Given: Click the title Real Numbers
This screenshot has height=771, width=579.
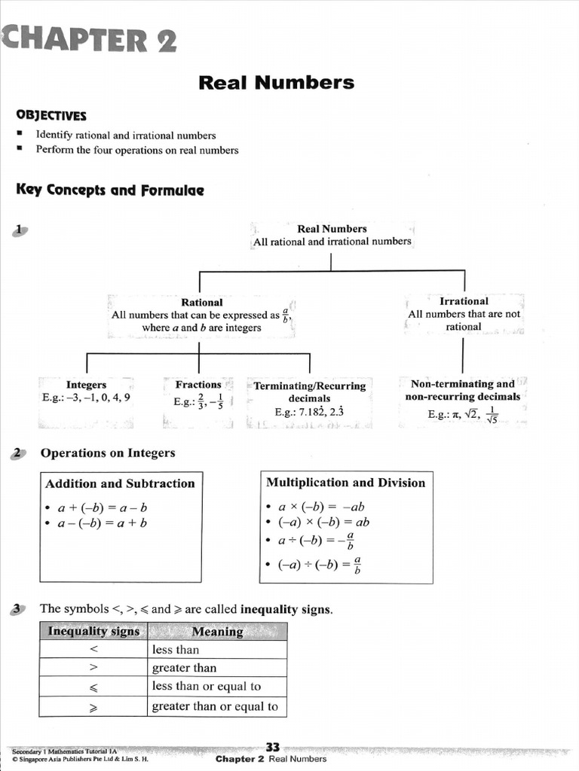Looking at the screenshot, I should (x=276, y=82).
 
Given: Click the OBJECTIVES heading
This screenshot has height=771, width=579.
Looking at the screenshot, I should (x=51, y=115).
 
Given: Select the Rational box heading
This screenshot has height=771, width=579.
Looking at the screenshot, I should (x=201, y=302).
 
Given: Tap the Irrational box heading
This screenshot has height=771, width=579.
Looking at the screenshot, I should (x=464, y=300).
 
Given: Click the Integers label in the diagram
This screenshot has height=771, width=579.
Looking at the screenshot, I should (x=86, y=384).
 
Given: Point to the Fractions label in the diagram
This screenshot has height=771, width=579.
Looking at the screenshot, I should (x=198, y=384).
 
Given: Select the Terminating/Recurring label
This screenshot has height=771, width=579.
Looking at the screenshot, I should (x=309, y=385).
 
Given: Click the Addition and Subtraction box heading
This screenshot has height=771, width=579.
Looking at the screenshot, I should (x=120, y=483).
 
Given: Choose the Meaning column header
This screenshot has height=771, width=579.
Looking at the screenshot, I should (x=217, y=632).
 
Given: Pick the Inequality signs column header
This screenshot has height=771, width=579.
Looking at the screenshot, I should (x=93, y=631).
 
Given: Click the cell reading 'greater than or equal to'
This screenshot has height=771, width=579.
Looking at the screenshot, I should (x=215, y=706).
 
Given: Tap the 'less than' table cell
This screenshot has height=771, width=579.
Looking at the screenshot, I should (x=176, y=650).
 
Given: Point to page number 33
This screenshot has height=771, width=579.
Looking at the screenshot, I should (x=273, y=747).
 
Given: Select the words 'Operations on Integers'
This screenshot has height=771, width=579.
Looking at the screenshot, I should (x=108, y=453).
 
